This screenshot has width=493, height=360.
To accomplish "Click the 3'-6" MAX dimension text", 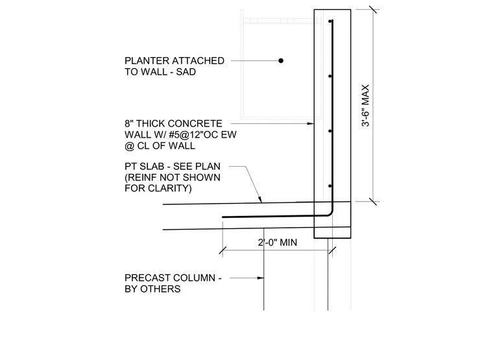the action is (365, 105).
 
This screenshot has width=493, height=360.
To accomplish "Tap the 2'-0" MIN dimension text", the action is (278, 243).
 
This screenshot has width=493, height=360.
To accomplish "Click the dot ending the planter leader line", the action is (281, 60).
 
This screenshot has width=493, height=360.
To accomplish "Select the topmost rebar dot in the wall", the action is (330, 21).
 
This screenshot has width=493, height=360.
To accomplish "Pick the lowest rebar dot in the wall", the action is (330, 186).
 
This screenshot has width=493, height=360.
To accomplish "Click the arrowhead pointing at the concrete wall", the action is (310, 123).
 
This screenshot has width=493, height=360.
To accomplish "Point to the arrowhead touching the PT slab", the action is (259, 199).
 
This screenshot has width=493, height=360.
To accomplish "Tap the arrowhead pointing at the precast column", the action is (261, 278).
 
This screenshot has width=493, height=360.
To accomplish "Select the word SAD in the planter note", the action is (186, 72).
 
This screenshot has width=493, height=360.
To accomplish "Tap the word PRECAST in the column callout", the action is (147, 278).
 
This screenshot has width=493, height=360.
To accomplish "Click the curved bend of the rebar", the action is (330, 213).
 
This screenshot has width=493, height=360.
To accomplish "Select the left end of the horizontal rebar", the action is (223, 217).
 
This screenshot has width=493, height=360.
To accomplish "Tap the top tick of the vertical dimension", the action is (373, 10).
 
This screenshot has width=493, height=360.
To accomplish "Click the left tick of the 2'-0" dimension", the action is (222, 250).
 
